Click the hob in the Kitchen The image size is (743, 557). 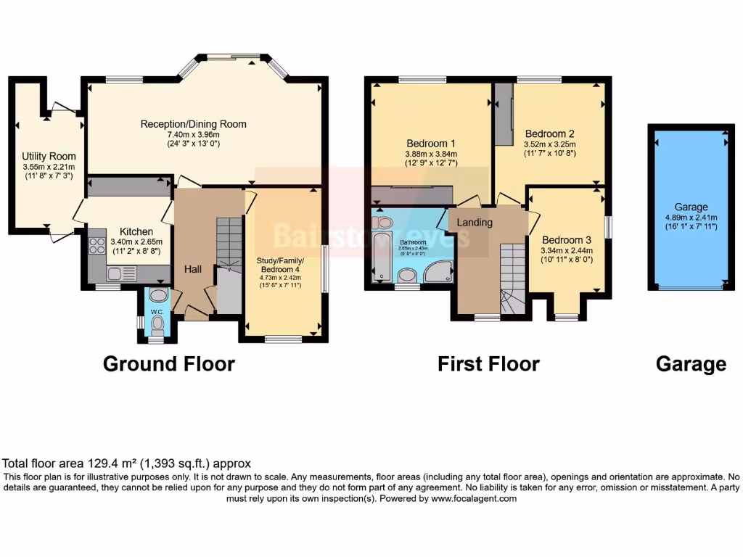click(x=97, y=246)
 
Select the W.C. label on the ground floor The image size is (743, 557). click(x=157, y=312)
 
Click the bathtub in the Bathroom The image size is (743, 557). click(x=379, y=248)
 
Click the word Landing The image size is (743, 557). click(x=475, y=222)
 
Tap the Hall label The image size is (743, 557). click(x=192, y=269)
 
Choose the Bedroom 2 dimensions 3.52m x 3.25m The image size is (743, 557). click(x=549, y=144)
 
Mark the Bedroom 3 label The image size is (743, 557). click(x=567, y=240)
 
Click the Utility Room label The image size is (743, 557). click(x=49, y=156)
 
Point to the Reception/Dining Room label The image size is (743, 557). click(x=193, y=124)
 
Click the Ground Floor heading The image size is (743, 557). click(x=168, y=363)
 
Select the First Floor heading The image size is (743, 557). click(x=488, y=363)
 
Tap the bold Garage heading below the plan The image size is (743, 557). click(x=691, y=363)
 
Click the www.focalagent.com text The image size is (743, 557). click(x=473, y=499)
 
